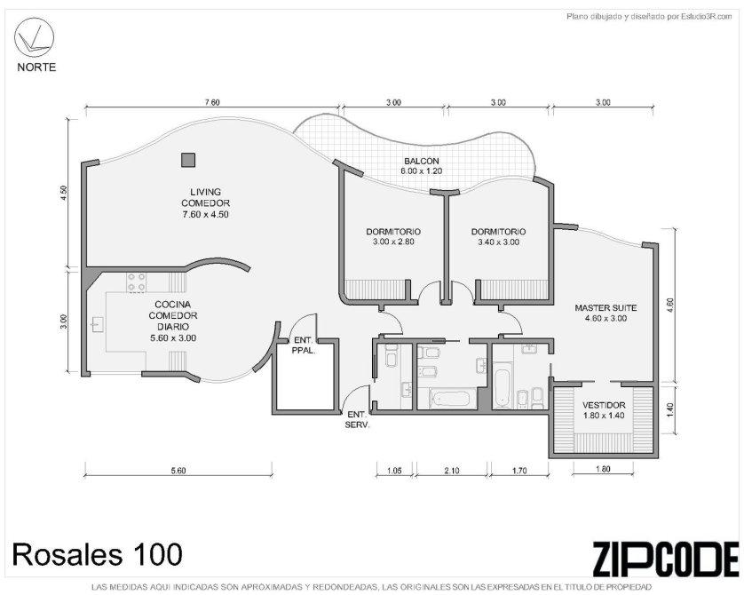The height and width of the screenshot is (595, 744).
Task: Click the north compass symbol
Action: [34, 37]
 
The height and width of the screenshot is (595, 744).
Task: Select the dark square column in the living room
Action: [188, 160]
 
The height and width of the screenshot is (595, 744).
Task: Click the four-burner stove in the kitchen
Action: [136, 282]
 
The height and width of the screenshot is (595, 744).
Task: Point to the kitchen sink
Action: [98, 324]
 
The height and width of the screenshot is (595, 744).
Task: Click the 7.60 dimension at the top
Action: [211, 102]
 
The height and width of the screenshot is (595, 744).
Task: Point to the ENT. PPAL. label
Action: [304, 345]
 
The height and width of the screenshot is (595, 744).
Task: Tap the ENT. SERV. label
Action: [357, 419]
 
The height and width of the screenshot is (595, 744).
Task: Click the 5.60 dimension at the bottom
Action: [178, 471]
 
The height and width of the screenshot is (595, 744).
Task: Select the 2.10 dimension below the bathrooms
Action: [452, 471]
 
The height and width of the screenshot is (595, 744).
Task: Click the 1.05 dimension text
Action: [394, 471]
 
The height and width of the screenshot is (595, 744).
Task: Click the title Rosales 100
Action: [97, 554]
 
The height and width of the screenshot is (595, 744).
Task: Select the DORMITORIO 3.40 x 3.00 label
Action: [498, 237]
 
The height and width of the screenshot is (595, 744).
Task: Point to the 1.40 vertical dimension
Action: [670, 409]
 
